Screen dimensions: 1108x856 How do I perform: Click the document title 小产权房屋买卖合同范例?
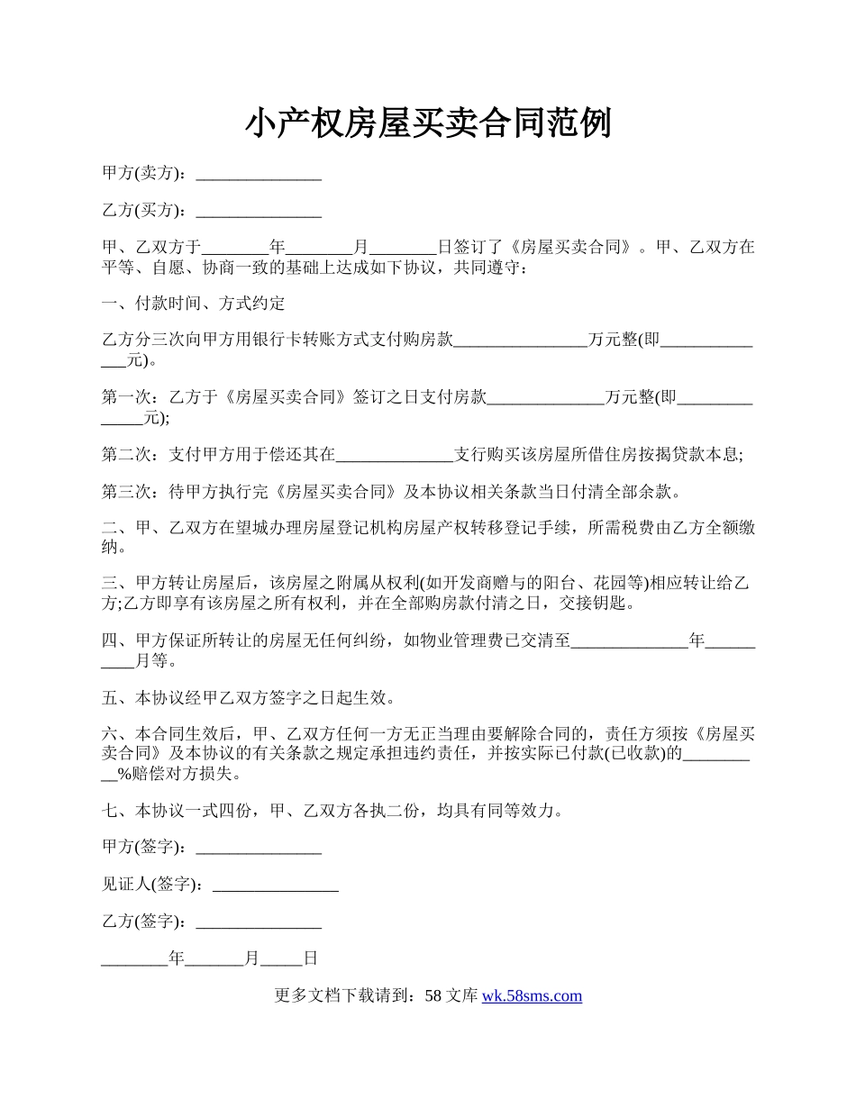click(428, 123)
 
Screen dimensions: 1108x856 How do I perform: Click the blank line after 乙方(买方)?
click(259, 211)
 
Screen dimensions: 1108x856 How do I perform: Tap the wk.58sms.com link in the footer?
click(532, 995)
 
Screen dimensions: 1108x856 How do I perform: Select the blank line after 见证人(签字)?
click(275, 885)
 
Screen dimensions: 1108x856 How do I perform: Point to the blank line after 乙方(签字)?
click(259, 922)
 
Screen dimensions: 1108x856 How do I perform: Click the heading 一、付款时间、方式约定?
click(194, 304)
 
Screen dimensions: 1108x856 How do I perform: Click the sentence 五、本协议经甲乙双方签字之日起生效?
click(248, 698)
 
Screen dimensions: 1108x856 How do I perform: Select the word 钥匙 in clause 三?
click(620, 604)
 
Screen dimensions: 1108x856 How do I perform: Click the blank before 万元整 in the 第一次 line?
click(545, 397)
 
